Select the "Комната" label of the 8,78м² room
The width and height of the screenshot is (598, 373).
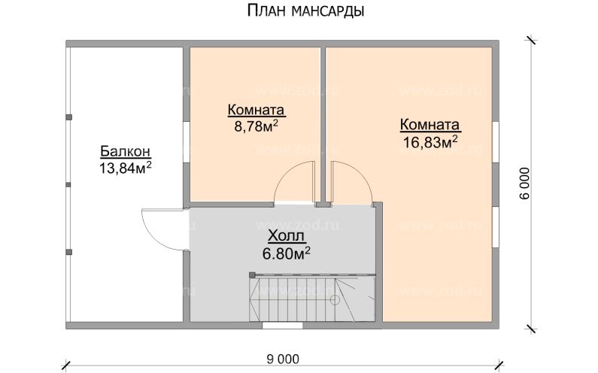click(x=256, y=111)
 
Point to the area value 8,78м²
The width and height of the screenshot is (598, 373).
click(x=256, y=126)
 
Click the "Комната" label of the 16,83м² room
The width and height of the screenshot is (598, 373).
click(x=430, y=125)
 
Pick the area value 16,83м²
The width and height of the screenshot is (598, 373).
click(x=430, y=142)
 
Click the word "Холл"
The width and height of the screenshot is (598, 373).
click(x=287, y=236)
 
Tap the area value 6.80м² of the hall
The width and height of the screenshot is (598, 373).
click(x=287, y=253)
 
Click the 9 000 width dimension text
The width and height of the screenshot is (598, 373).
click(x=283, y=358)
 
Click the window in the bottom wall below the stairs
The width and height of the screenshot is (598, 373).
click(x=282, y=326)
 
